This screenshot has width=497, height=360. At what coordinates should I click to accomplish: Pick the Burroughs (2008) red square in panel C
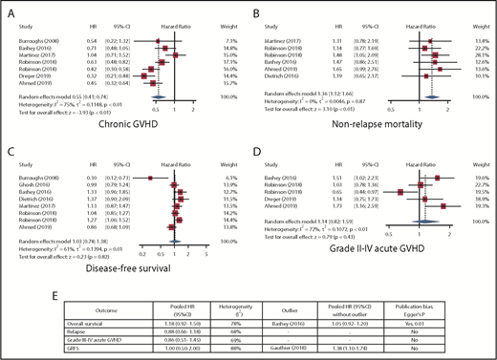(x=151, y=178)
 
